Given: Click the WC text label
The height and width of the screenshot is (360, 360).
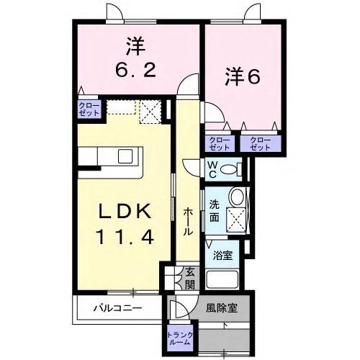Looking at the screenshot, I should pos(213,169).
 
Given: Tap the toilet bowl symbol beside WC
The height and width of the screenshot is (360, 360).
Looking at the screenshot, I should pos(231,170).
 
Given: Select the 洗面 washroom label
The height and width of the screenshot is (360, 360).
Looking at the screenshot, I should pos(215,210).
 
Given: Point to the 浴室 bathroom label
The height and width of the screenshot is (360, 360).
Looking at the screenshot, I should pos(223,255).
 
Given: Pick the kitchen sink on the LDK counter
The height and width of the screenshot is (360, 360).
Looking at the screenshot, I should pos(126,156).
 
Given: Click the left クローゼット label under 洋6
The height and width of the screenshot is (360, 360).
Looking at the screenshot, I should pos(219,143).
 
